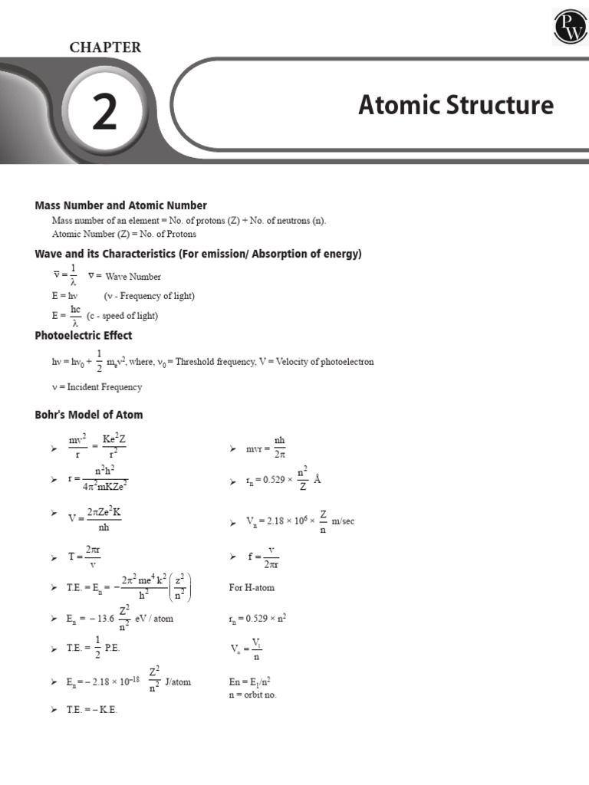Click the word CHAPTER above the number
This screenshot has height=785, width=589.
[105, 48]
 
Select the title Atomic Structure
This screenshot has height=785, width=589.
[456, 105]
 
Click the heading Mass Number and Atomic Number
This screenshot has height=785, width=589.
[120, 205]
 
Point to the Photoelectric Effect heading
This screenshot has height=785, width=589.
[84, 336]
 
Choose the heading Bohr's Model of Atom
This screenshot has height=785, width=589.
[89, 415]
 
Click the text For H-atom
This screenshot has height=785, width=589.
[252, 588]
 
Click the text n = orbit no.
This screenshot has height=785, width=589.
[252, 695]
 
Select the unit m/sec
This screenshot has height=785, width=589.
[343, 521]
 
